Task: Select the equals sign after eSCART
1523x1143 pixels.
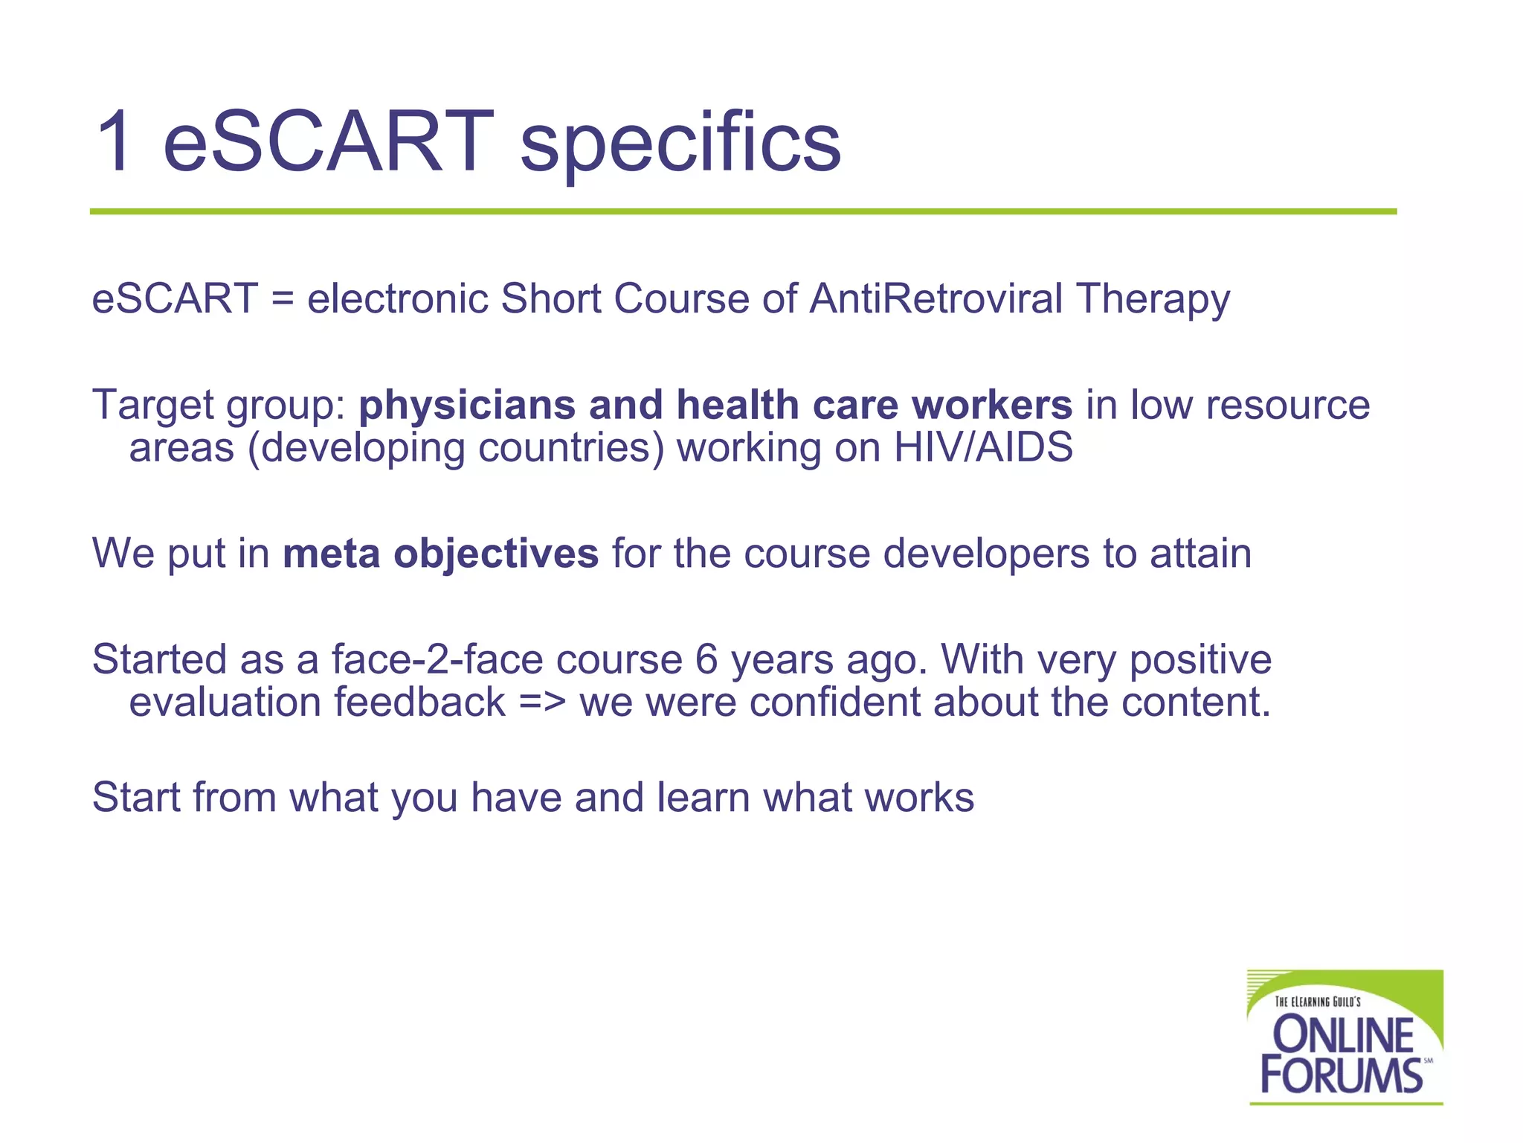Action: coord(283,299)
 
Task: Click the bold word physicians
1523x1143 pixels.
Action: coord(467,406)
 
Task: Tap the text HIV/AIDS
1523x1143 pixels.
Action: coord(983,448)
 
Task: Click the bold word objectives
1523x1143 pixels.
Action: coord(496,555)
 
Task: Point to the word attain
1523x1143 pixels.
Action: coord(1200,554)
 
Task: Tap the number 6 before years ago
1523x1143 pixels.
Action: coord(706,659)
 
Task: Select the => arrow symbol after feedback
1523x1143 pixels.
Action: coord(542,702)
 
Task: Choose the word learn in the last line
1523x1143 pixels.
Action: coord(703,797)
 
